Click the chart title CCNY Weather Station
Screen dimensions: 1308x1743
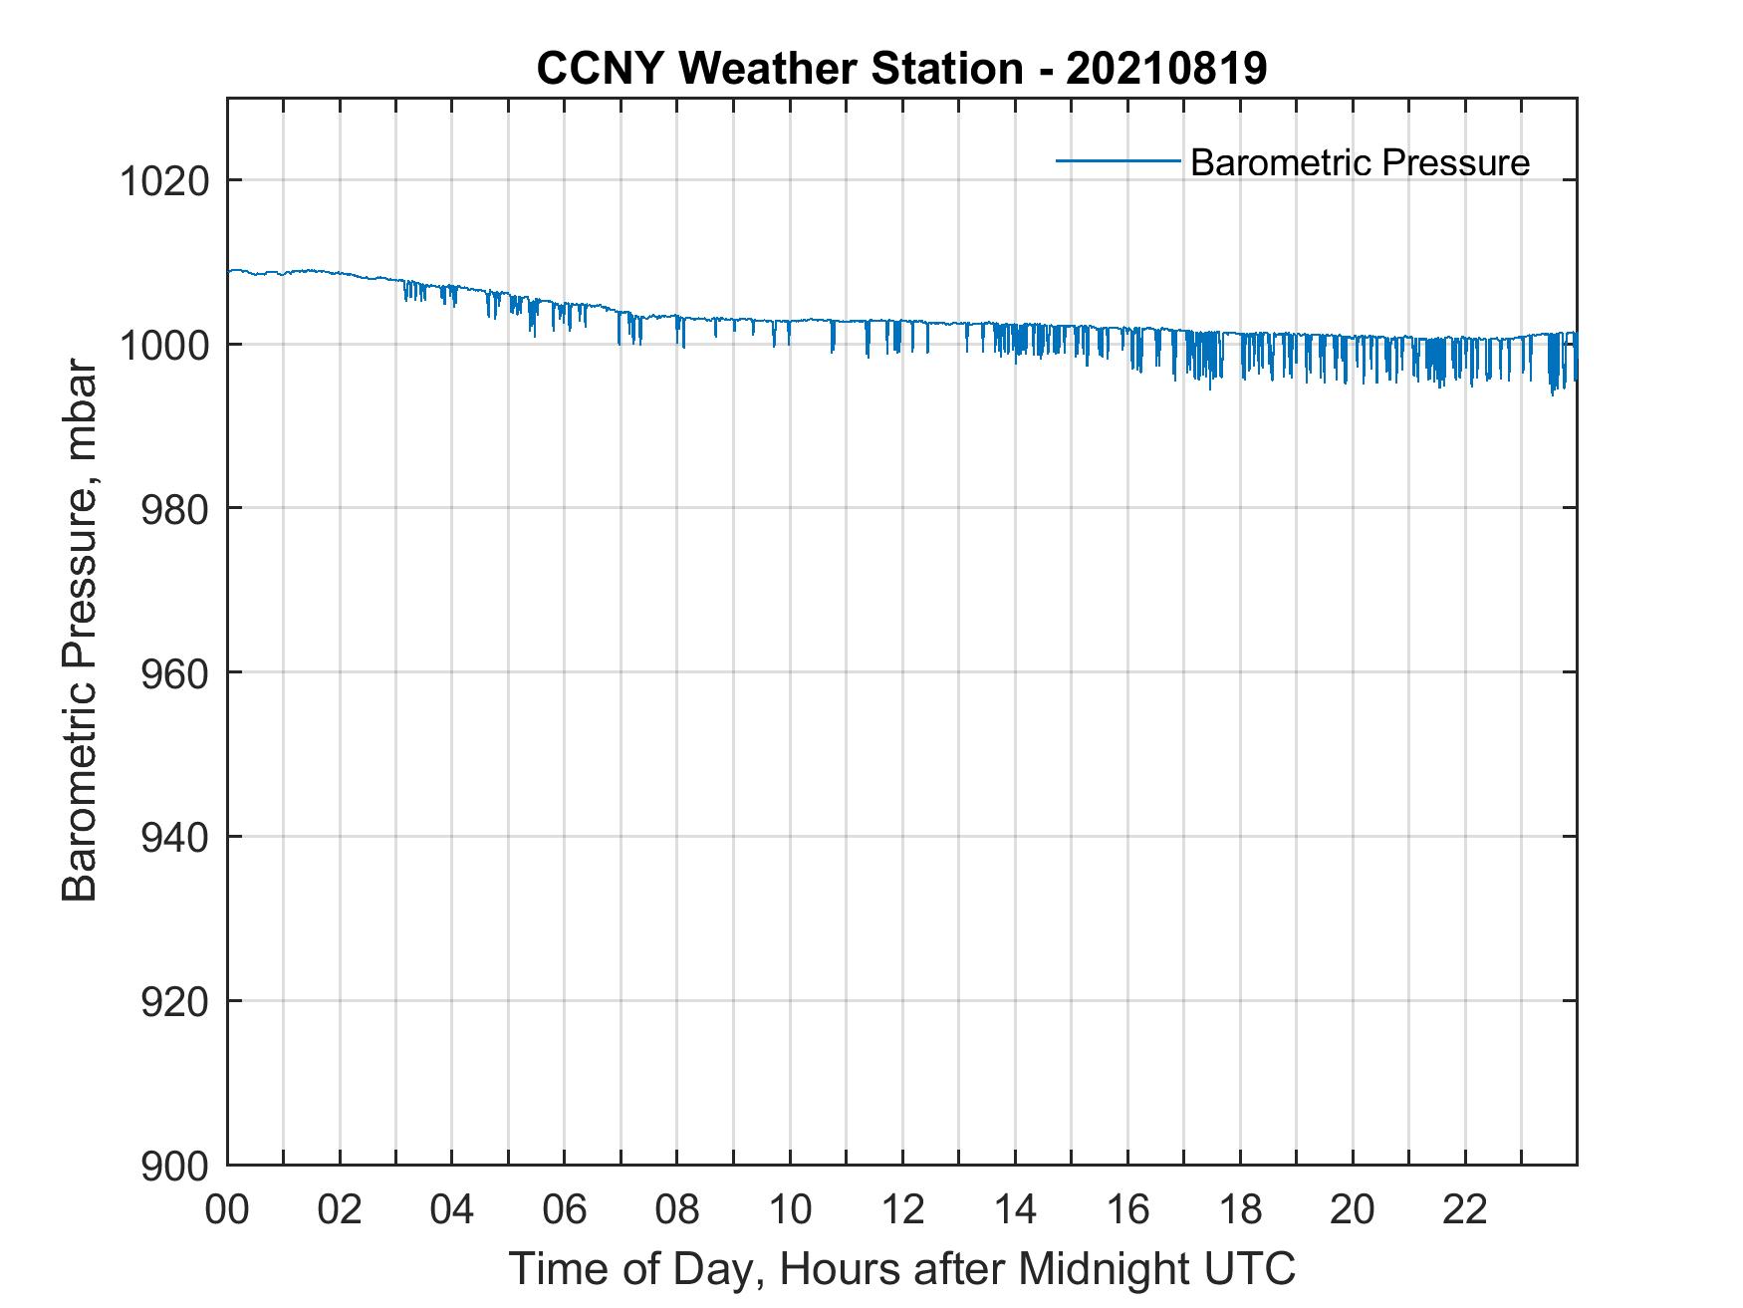click(779, 69)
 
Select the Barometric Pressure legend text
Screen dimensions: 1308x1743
click(1359, 161)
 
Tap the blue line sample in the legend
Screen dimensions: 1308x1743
click(1118, 160)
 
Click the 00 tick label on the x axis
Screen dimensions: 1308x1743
click(227, 1209)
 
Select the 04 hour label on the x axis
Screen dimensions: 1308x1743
click(452, 1209)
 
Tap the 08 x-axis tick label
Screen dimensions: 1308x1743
click(677, 1209)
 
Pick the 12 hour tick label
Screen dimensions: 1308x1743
click(902, 1209)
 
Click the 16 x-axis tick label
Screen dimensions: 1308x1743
click(1127, 1209)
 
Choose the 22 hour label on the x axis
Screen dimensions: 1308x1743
click(1465, 1209)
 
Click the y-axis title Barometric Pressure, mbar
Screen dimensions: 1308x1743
click(80, 631)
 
